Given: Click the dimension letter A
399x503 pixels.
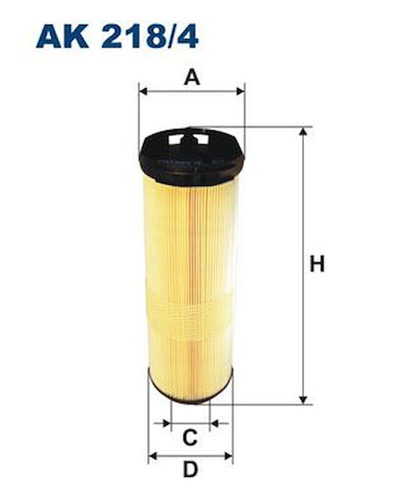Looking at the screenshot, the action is coord(192,77).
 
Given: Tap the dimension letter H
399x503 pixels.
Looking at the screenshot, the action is coord(317,264).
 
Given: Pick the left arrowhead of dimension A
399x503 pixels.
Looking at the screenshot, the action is coord(143,91).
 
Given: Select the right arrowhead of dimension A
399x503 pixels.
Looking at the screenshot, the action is coord(240,91).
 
